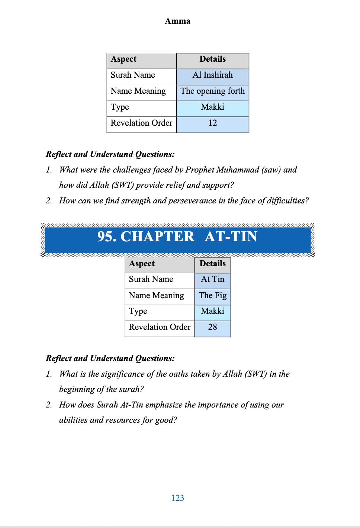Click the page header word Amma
tap(177, 21)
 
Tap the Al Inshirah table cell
tap(212, 75)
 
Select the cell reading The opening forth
tap(212, 91)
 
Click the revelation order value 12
tap(212, 123)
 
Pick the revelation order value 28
tap(212, 327)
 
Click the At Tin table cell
tap(212, 279)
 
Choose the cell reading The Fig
tap(212, 296)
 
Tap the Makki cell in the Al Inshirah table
tap(212, 107)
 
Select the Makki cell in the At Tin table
tap(212, 311)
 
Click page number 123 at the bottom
tap(177, 498)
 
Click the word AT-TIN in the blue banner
tap(231, 237)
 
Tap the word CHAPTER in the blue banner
tap(157, 237)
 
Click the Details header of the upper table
tap(212, 59)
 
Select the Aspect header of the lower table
tap(142, 264)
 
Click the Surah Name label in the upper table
tap(133, 75)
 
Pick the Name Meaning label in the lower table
tap(156, 296)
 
